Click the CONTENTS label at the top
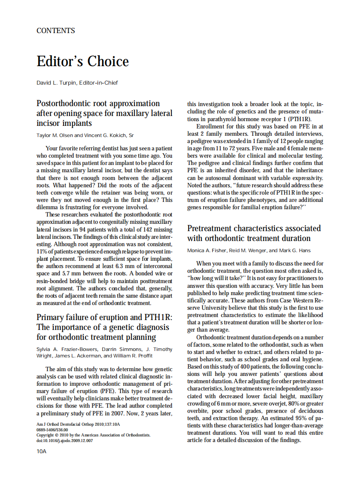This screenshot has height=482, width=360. point(55,31)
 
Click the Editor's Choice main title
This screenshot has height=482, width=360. point(82,61)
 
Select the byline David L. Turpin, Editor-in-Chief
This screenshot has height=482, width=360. point(77,82)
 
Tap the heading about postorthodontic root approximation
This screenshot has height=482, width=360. point(104,113)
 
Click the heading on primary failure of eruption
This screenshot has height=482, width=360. point(104,327)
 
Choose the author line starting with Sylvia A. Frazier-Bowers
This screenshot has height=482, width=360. point(104,352)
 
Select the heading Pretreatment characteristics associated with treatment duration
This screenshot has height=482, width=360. point(254,233)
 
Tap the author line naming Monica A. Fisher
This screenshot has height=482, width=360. point(248,250)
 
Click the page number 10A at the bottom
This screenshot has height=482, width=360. point(41,451)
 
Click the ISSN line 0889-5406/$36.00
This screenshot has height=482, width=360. point(52,430)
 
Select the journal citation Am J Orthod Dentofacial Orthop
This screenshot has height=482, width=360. point(78,424)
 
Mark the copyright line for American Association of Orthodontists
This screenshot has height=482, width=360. point(93,435)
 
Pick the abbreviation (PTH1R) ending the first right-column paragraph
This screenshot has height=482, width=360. point(298,119)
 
